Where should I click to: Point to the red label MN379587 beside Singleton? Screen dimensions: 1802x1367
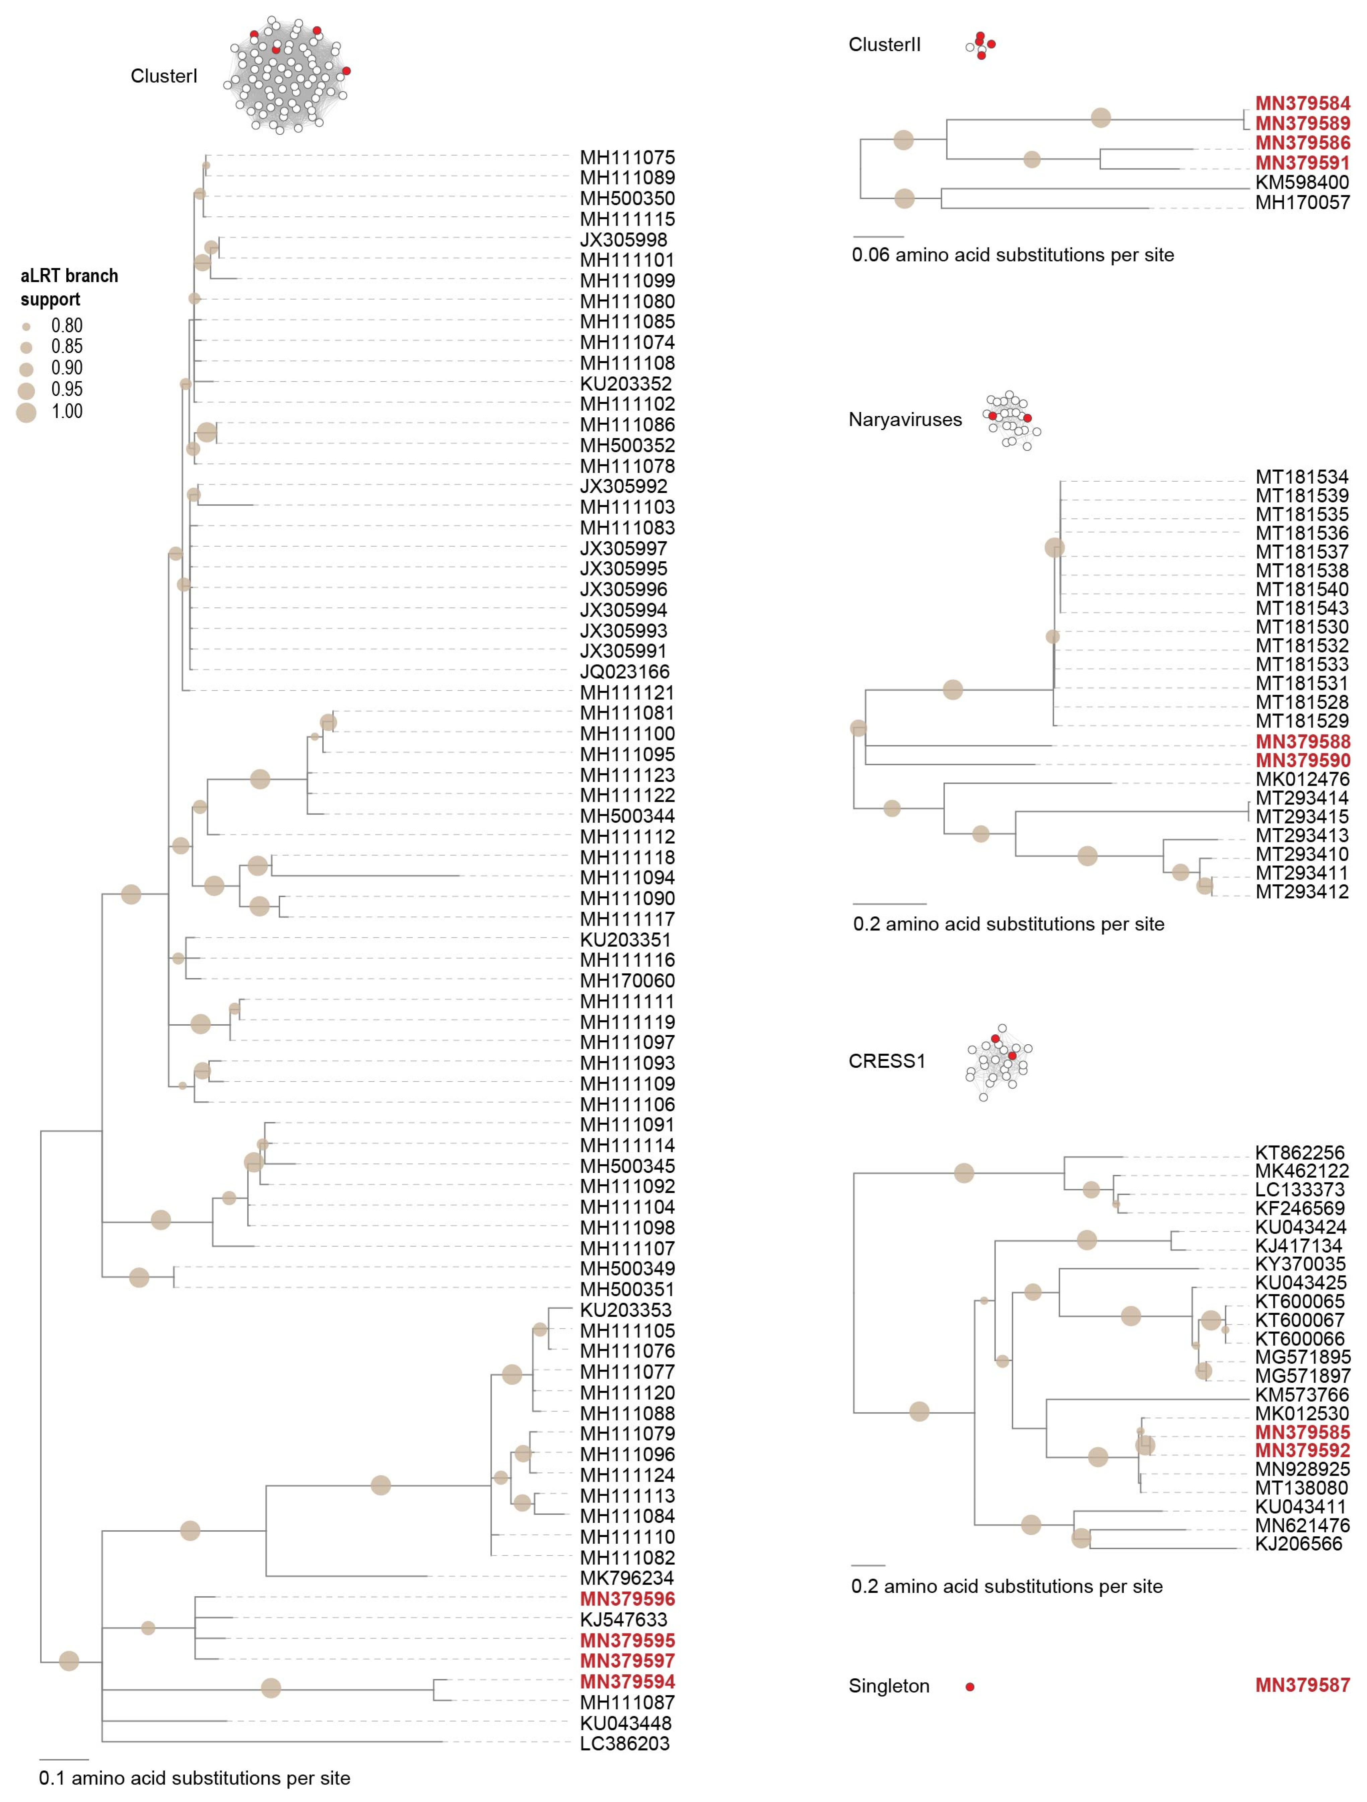(x=1302, y=1685)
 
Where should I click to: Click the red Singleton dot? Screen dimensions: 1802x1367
(x=969, y=1686)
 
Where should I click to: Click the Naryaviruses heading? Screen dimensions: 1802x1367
(x=904, y=420)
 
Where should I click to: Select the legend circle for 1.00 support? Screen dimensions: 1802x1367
(x=26, y=412)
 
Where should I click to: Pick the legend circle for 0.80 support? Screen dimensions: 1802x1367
(x=26, y=326)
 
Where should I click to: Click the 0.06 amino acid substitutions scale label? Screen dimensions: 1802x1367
(x=1013, y=255)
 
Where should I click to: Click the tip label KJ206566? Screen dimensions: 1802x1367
(x=1299, y=1544)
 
